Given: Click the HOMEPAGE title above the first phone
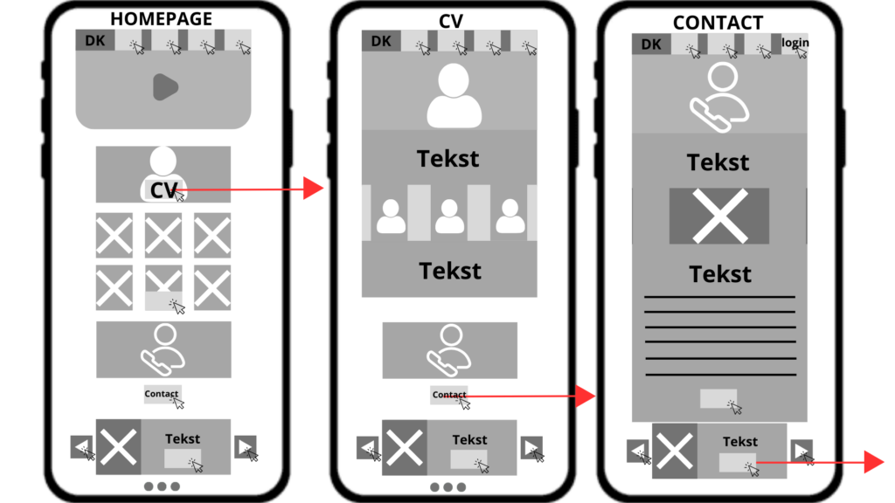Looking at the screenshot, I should pyautogui.click(x=161, y=19).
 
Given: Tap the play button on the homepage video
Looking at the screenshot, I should pyautogui.click(x=165, y=86).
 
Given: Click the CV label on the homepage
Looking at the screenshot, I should pyautogui.click(x=163, y=189).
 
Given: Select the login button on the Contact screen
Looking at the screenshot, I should pyautogui.click(x=794, y=43).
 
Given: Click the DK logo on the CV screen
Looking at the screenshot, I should pyautogui.click(x=381, y=41).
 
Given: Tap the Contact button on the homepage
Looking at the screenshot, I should pyautogui.click(x=162, y=394).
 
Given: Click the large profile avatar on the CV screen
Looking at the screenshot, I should pyautogui.click(x=454, y=95).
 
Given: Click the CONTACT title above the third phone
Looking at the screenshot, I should pyautogui.click(x=718, y=23).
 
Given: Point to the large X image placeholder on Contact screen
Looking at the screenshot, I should pyautogui.click(x=719, y=216).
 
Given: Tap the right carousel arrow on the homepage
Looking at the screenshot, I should pyautogui.click(x=246, y=447).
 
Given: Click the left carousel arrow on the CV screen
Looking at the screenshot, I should pyautogui.click(x=368, y=448).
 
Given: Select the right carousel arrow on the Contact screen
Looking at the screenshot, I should pyautogui.click(x=801, y=451).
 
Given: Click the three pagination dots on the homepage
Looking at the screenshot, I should pyautogui.click(x=162, y=486).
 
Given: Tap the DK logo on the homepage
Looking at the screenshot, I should pyautogui.click(x=94, y=41).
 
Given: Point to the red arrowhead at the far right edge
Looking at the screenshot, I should pyautogui.click(x=874, y=463).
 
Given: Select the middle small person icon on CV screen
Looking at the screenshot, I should pyautogui.click(x=449, y=217).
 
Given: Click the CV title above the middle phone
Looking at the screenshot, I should pyautogui.click(x=450, y=21).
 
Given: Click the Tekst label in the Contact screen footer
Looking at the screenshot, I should pyautogui.click(x=740, y=441).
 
